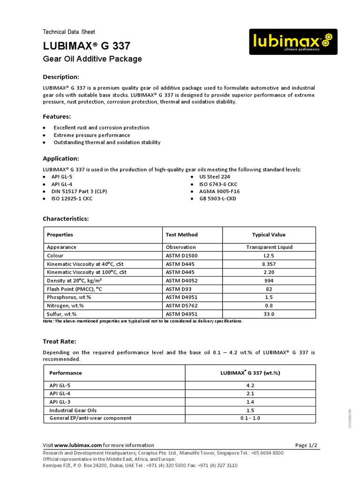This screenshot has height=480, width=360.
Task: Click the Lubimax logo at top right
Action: (292, 42)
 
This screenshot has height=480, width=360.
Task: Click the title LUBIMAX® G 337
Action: (87, 46)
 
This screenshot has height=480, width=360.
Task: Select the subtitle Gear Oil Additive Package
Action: (92, 59)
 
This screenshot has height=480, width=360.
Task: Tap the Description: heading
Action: (61, 77)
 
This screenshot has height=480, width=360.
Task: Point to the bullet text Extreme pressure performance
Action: (92, 135)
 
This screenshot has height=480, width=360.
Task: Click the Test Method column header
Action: (182, 235)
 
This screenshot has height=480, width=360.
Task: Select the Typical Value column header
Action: (269, 235)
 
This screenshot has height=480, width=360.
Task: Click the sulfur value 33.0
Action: (269, 314)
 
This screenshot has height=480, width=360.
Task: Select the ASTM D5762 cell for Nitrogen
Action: (182, 305)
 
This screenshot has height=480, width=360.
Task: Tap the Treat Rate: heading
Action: (59, 342)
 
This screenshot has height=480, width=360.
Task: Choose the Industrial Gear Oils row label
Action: (73, 410)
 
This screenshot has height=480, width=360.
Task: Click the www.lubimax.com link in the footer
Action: (78, 445)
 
